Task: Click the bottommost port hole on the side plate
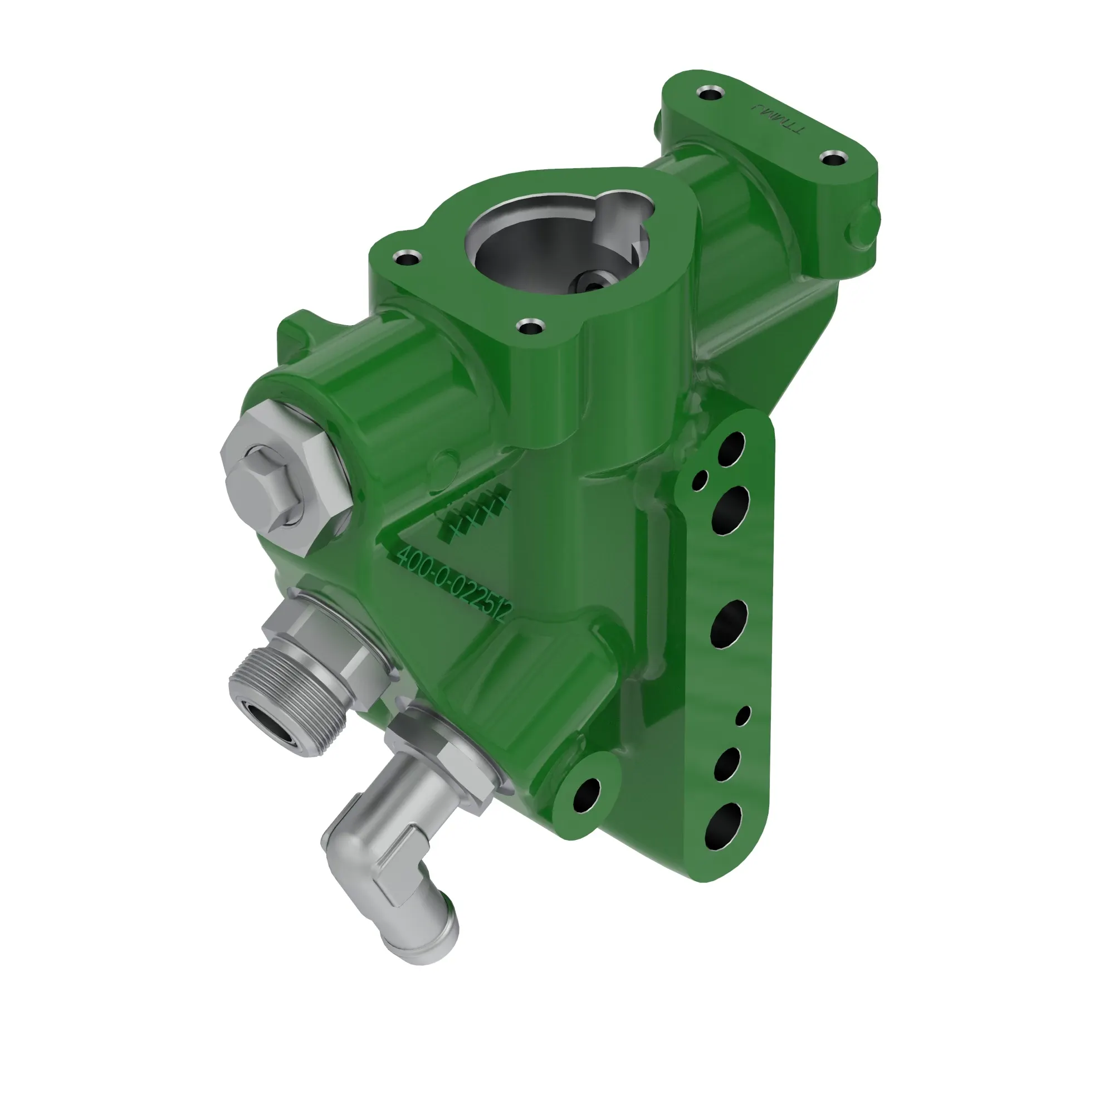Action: tap(724, 826)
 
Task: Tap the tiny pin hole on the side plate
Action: tap(744, 716)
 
